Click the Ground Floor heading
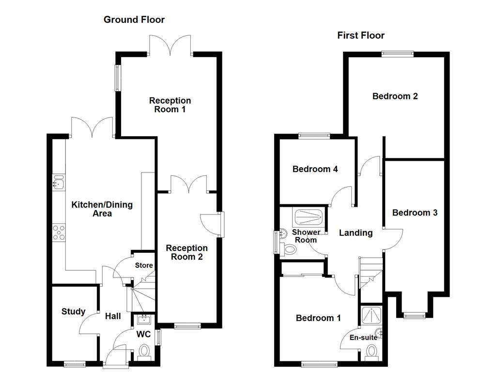coord(134,20)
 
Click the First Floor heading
coord(361,35)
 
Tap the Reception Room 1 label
coord(170,105)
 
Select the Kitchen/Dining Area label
coord(102,209)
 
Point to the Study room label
coord(74,311)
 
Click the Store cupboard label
coord(144,265)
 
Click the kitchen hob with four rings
coord(59,232)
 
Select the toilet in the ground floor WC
coord(144,351)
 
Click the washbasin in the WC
coord(144,319)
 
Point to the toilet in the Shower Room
coord(290,249)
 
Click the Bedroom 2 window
coord(397,54)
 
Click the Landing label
coord(356,233)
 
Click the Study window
coord(75,364)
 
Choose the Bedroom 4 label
coord(315,169)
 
